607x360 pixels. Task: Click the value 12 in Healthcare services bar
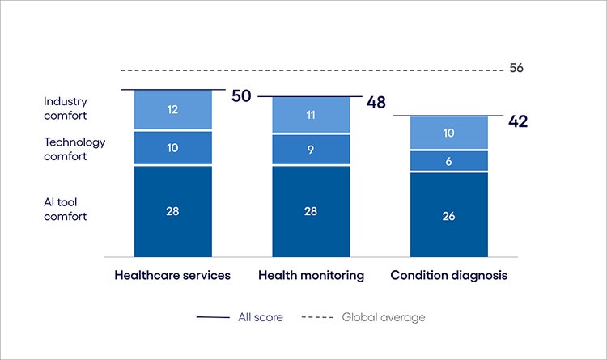click(172, 109)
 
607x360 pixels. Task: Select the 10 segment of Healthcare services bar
click(172, 148)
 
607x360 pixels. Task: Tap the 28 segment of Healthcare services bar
click(172, 211)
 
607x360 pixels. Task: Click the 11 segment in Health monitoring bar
click(311, 116)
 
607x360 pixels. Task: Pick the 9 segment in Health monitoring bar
click(311, 150)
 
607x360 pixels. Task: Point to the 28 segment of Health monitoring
click(311, 211)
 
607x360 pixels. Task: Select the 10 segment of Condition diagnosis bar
click(448, 133)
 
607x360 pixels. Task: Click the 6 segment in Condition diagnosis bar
click(448, 161)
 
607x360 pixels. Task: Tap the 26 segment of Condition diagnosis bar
click(448, 215)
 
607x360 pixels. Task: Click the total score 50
click(241, 96)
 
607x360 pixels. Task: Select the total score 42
click(519, 121)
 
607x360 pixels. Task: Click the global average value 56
click(516, 68)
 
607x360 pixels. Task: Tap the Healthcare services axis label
click(172, 275)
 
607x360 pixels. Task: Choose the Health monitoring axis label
click(311, 275)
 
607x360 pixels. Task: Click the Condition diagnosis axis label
click(448, 275)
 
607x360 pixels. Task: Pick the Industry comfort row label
click(65, 109)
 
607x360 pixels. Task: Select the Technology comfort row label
click(74, 149)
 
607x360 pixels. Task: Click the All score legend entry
click(240, 317)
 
